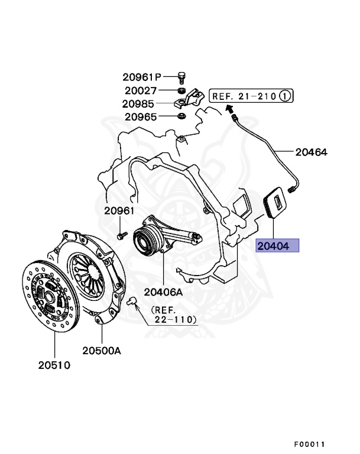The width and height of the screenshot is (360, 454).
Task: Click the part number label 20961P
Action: [x=142, y=76]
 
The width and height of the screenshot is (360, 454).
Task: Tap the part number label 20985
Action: [x=140, y=103]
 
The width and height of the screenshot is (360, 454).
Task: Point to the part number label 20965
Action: [x=140, y=116]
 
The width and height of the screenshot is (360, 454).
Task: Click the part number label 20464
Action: [x=311, y=152]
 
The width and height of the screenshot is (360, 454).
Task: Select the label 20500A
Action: [x=101, y=351]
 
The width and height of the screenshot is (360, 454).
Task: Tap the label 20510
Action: [x=50, y=365]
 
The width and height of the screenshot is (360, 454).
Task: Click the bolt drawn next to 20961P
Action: [x=182, y=76]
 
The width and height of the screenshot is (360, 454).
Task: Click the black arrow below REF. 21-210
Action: [x=230, y=108]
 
